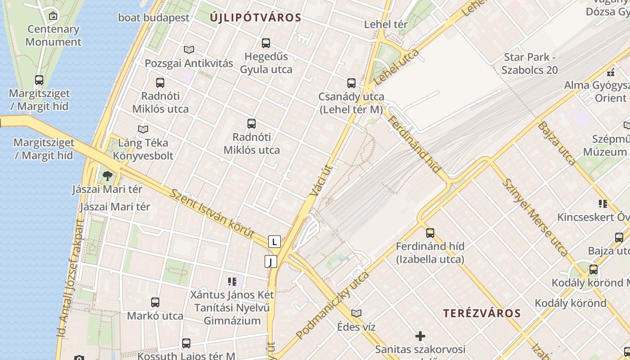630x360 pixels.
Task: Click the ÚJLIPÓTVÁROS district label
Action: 255,18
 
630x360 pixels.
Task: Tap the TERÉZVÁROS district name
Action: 482,313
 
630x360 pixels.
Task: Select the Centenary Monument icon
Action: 53,16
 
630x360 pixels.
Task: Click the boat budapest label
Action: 153,18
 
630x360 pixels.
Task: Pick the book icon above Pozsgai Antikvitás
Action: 189,49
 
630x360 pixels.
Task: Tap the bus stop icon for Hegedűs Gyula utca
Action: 266,43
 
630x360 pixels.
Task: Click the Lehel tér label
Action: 386,24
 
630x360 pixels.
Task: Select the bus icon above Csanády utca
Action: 351,83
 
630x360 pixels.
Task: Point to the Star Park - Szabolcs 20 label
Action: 530,63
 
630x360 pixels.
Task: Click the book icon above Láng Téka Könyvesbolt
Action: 143,130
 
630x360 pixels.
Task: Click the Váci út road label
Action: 321,181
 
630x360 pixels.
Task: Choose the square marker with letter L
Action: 274,242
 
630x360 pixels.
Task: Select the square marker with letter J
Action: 270,261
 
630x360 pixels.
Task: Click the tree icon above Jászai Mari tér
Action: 107,176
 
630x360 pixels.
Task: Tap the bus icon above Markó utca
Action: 155,302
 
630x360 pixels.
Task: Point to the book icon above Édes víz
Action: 356,313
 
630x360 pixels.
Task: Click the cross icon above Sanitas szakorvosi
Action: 420,336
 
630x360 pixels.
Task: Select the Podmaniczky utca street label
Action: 333,305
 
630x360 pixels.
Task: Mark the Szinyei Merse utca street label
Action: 534,217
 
